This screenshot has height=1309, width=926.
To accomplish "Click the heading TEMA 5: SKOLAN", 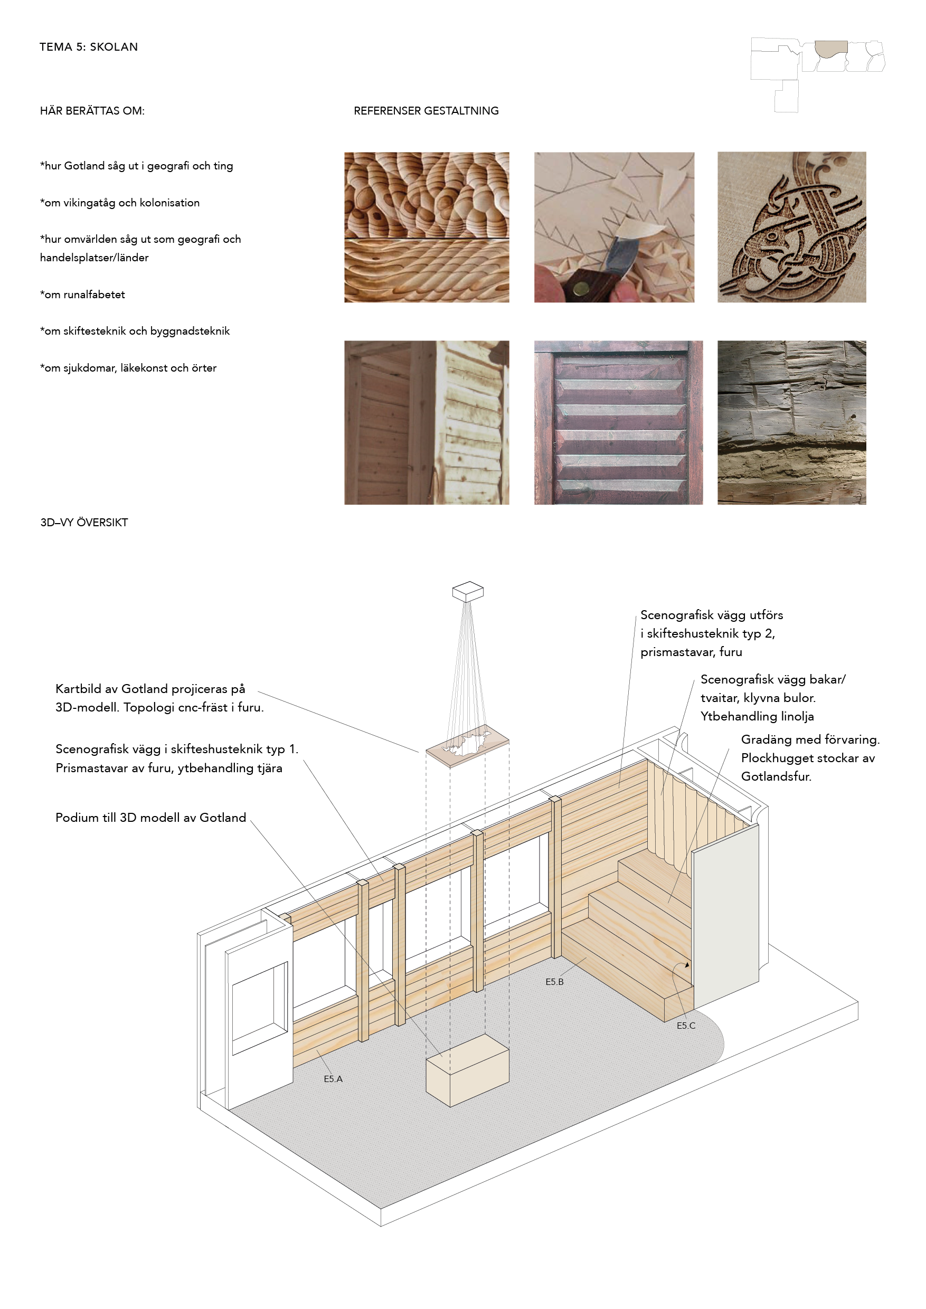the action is tap(88, 47).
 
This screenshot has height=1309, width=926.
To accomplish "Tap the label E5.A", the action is tap(333, 1079).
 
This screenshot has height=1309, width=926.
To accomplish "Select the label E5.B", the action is tap(554, 982).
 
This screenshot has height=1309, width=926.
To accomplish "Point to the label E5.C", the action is tap(685, 1026).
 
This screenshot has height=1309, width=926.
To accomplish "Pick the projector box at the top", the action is tap(468, 591).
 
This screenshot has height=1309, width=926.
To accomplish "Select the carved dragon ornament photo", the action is tap(791, 227).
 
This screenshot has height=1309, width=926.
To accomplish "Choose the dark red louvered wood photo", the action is tap(618, 422).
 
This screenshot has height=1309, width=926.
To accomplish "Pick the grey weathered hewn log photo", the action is tap(791, 422).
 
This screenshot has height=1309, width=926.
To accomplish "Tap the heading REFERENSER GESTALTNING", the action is tap(426, 111).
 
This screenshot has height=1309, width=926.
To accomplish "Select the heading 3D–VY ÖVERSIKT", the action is tap(84, 522).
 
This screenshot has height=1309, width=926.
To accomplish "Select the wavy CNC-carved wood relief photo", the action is tap(427, 227).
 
